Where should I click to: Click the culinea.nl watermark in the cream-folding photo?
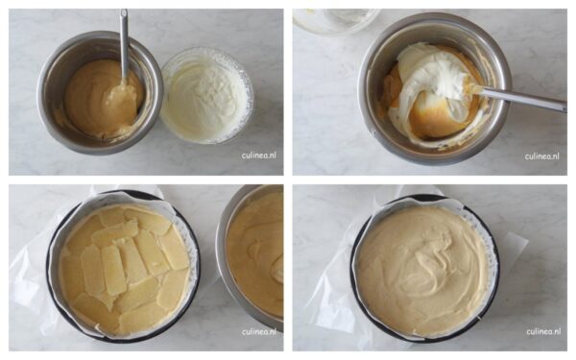[x=542, y=156]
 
